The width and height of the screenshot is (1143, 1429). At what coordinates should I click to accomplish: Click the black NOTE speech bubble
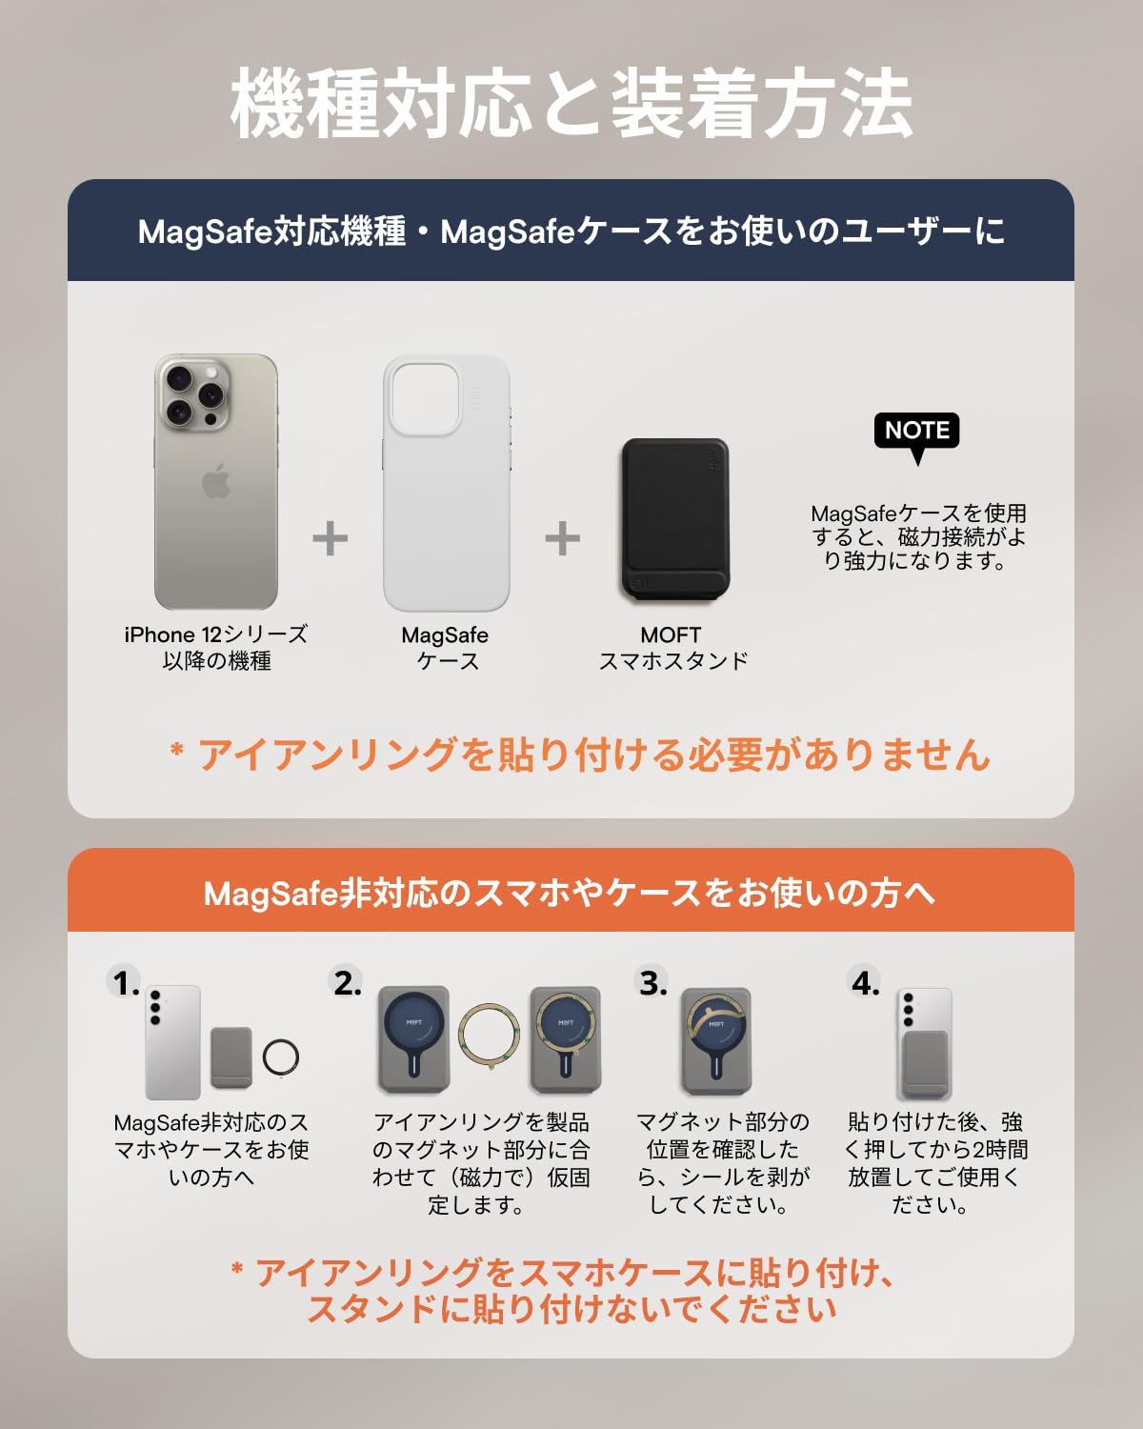click(x=916, y=432)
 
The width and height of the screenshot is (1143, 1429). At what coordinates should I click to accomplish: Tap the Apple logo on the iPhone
click(x=216, y=482)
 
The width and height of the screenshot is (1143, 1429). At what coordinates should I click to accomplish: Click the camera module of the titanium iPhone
click(x=192, y=392)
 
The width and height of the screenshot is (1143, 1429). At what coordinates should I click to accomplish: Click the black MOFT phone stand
click(x=674, y=520)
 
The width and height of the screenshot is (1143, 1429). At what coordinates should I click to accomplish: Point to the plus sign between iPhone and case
click(x=331, y=539)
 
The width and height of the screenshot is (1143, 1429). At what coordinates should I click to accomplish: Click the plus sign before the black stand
click(x=563, y=539)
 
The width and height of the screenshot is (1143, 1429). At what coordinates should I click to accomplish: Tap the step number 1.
click(x=125, y=983)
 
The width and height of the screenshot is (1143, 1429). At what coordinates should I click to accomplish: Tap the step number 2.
click(x=347, y=983)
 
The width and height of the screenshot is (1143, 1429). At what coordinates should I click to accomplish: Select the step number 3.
click(x=652, y=983)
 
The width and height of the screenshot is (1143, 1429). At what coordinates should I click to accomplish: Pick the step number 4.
click(x=865, y=983)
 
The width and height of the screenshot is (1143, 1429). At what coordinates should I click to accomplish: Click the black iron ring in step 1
click(x=281, y=1056)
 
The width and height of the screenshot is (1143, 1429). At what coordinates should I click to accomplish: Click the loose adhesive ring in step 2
click(x=490, y=1037)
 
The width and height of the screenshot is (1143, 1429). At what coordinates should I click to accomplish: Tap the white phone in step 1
click(x=172, y=1042)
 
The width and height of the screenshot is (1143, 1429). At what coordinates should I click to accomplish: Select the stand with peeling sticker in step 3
click(x=716, y=1040)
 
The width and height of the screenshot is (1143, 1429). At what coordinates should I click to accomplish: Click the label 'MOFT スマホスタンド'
click(x=672, y=648)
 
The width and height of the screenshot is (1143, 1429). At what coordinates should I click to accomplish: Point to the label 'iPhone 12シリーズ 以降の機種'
click(x=216, y=648)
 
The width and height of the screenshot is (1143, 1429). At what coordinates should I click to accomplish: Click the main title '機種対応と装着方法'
click(x=571, y=103)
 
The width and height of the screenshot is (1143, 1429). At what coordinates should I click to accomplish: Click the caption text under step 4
click(x=934, y=1163)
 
